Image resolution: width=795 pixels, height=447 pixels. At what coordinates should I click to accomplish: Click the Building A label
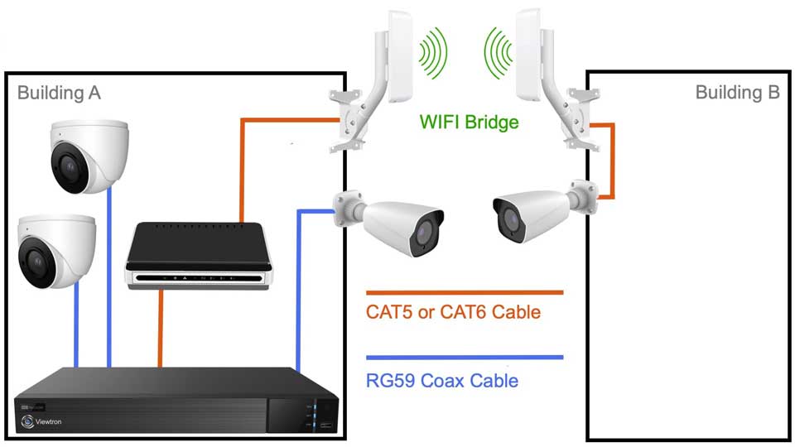point(59,92)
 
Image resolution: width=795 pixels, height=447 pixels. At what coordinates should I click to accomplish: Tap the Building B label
point(737,92)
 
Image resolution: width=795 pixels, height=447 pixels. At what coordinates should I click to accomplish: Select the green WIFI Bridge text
point(469,123)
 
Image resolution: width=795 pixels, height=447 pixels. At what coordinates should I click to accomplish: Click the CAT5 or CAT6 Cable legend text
point(453,312)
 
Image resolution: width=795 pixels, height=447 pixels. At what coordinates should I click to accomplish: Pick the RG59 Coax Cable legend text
point(442,381)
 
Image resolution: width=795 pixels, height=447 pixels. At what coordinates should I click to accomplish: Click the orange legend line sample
point(465,292)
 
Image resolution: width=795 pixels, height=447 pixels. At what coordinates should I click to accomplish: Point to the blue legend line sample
point(465,358)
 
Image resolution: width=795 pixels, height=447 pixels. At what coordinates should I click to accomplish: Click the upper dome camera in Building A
point(87,152)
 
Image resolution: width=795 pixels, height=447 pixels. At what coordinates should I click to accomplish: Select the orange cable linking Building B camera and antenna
point(611,161)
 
